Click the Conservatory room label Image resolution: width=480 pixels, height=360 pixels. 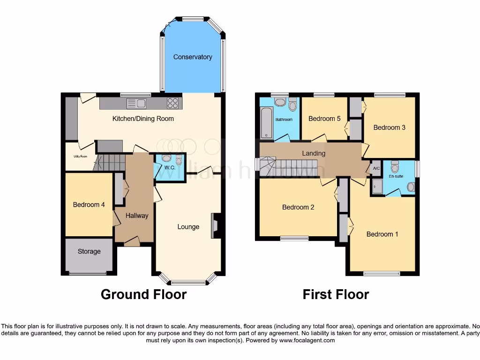(193, 57)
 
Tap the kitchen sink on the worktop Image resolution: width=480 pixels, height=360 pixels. (136, 103)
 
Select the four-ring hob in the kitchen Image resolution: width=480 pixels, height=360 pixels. (172, 103)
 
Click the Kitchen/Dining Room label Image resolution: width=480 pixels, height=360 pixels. (143, 119)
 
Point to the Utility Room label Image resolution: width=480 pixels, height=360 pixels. (80, 156)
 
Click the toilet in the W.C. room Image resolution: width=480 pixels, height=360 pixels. (179, 160)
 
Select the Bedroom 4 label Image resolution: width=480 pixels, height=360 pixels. (89, 204)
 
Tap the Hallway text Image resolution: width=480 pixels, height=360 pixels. (137, 216)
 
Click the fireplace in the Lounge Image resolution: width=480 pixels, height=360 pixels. (216, 226)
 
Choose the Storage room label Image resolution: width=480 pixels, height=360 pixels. (89, 251)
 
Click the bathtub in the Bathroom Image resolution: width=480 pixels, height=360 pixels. (267, 122)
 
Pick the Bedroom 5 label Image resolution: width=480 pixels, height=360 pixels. (324, 119)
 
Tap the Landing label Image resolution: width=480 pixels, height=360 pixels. (314, 153)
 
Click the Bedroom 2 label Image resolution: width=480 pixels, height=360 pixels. (298, 207)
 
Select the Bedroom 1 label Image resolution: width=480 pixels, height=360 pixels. (382, 234)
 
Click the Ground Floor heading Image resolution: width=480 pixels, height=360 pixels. (143, 294)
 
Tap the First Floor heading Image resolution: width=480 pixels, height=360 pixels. (336, 294)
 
